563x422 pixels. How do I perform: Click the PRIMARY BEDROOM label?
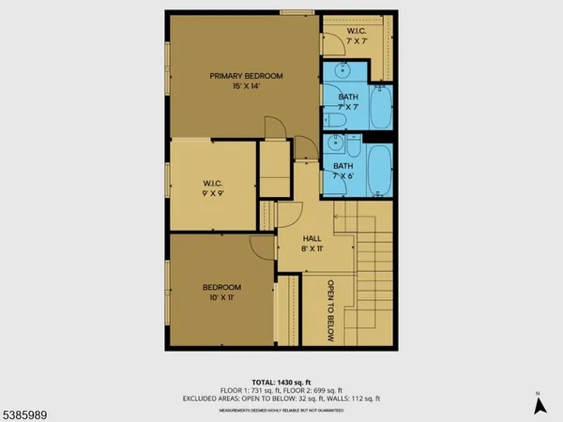coord(246,76)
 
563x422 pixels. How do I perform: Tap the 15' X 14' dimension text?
coord(246,86)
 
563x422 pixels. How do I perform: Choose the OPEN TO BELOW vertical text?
coord(330,309)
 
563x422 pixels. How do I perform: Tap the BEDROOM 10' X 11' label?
coord(222,292)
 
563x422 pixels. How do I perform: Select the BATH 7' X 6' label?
coord(343,172)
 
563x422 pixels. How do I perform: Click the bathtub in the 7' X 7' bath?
coord(379,110)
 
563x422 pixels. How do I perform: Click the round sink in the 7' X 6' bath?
coord(335,143)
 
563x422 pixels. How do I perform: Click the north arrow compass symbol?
coord(539,404)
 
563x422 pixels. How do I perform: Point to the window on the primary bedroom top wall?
coord(297,11)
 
